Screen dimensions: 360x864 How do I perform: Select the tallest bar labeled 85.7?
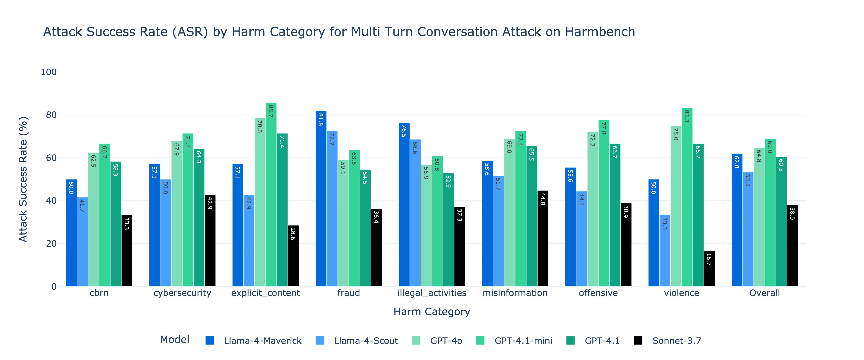(271, 195)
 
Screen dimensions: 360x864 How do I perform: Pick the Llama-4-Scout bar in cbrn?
(82, 242)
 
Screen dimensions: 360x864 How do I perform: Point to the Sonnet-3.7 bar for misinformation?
(543, 238)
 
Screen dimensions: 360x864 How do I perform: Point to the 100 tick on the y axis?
(49, 72)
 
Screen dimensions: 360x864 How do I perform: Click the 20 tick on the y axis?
(51, 244)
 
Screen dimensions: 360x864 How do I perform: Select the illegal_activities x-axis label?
(432, 293)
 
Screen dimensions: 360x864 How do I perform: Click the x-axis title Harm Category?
(432, 312)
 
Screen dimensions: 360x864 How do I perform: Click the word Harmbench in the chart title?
(600, 32)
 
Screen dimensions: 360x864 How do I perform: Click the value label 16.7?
(709, 259)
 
